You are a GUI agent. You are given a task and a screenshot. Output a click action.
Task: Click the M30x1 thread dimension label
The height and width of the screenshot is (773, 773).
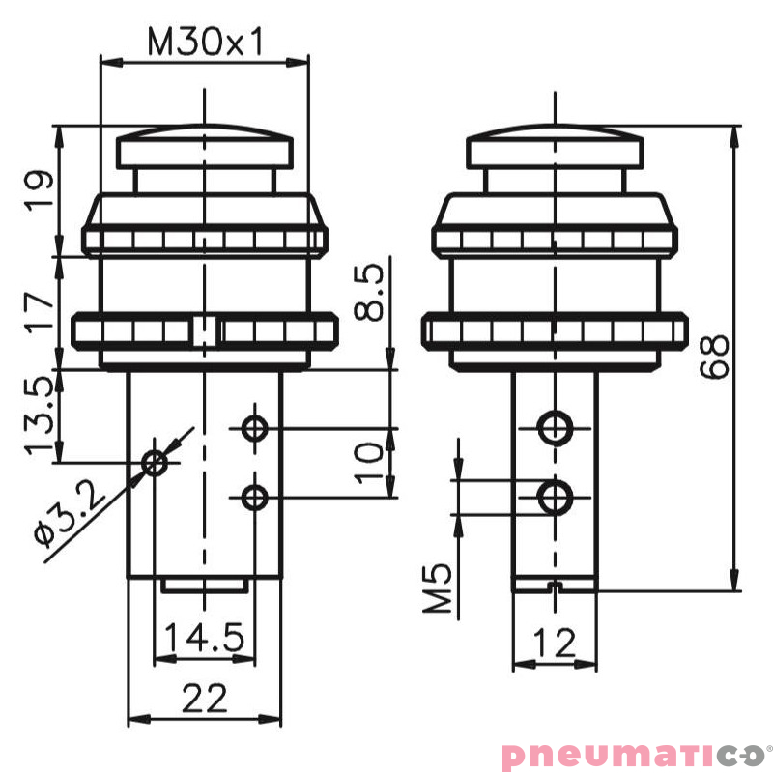click(x=205, y=43)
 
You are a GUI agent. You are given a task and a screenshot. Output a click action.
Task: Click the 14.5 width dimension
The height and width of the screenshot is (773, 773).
click(x=204, y=639)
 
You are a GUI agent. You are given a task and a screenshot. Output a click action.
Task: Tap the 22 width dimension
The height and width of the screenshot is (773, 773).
click(x=205, y=698)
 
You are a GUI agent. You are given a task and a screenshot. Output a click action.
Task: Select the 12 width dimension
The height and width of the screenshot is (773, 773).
click(x=554, y=641)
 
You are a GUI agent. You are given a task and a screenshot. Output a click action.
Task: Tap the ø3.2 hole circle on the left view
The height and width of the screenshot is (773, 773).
click(x=155, y=463)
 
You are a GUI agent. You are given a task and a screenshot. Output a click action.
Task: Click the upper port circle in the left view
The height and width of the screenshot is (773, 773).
click(x=255, y=427)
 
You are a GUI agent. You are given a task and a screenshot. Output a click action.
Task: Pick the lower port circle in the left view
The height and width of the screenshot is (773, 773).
click(x=255, y=498)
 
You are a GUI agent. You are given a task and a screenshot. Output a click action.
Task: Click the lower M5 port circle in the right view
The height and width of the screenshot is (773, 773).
click(x=554, y=498)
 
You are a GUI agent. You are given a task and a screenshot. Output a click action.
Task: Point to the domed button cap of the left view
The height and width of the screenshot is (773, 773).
click(x=205, y=148)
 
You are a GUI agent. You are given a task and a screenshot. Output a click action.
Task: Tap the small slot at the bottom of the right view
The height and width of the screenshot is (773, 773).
click(x=554, y=586)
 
